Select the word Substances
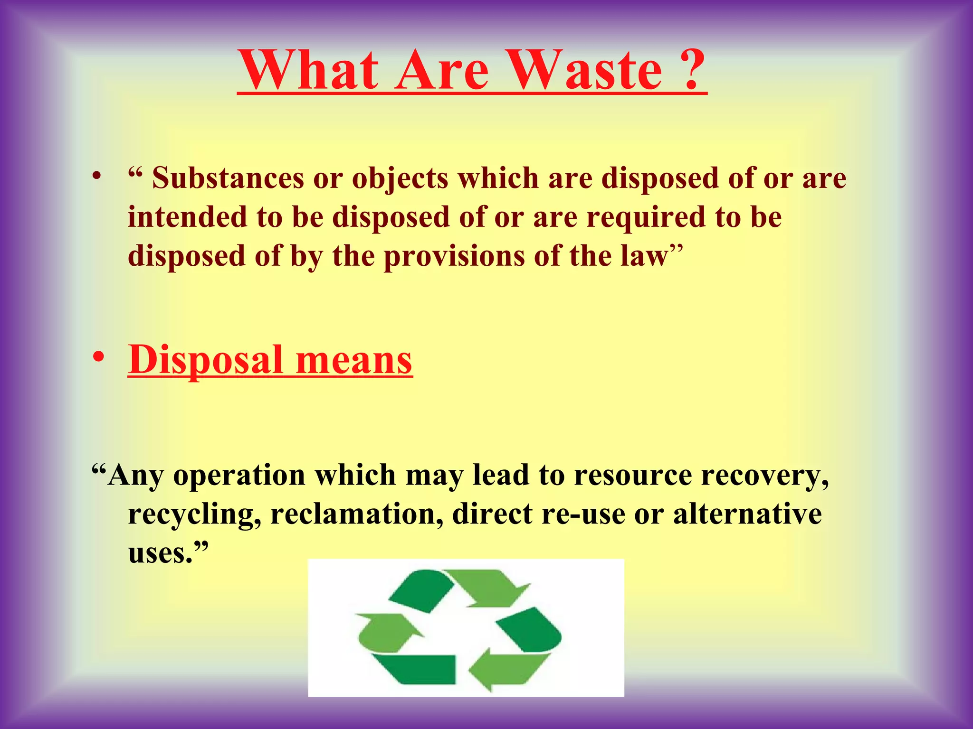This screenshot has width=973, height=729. [x=228, y=179]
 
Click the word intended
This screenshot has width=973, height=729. [x=188, y=217]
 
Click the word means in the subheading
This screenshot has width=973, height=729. [x=354, y=361]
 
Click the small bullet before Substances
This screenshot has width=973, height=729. [x=97, y=177]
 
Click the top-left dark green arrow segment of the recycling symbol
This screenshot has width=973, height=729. [x=418, y=589]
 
